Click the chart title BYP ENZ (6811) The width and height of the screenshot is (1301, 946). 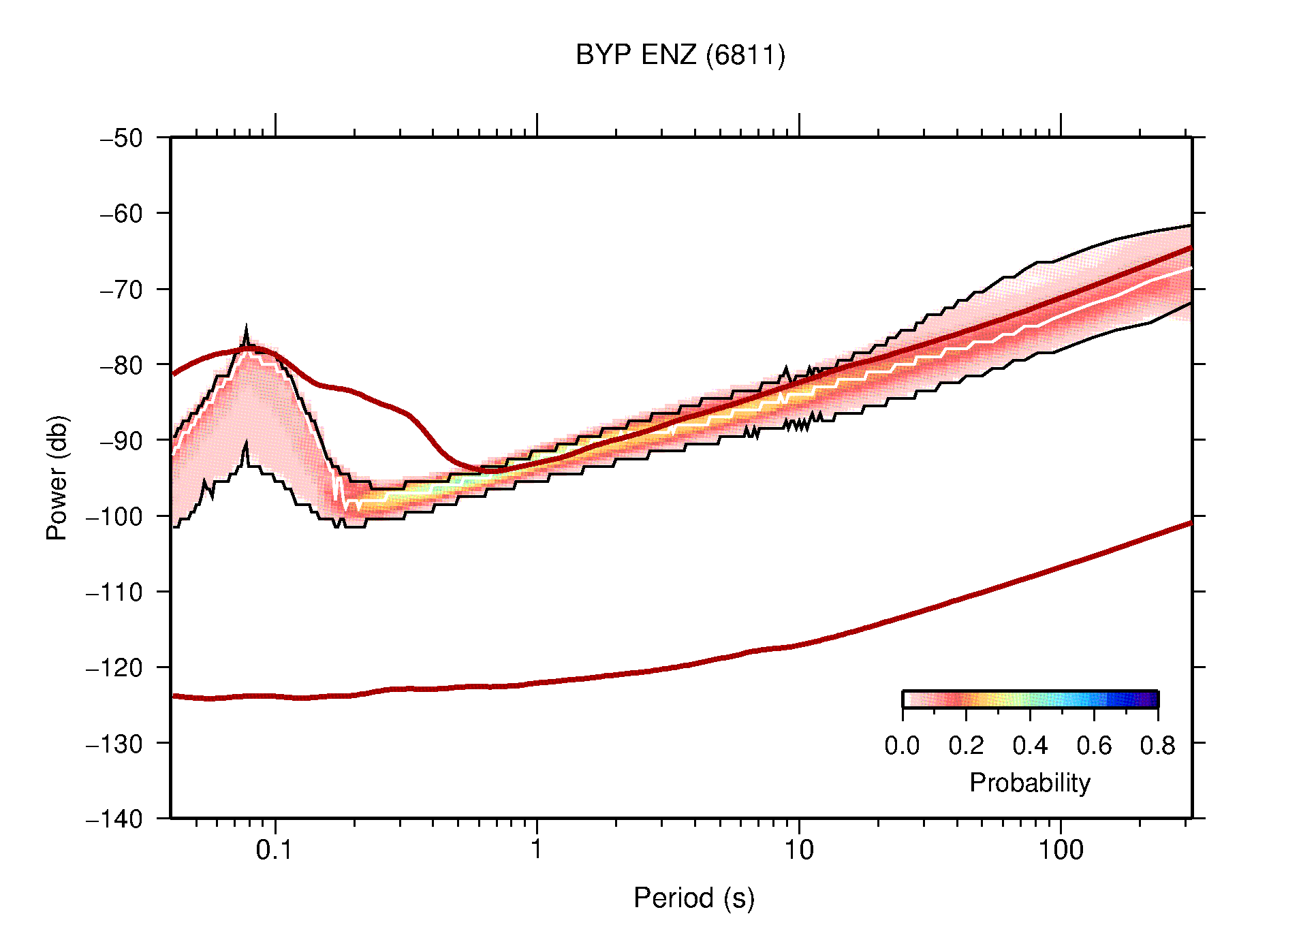pos(680,54)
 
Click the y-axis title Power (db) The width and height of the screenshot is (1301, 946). pos(57,477)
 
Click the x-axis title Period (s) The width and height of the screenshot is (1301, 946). pos(693,898)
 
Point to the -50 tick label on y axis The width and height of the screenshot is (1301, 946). pos(121,138)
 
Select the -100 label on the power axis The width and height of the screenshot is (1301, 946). pos(114,516)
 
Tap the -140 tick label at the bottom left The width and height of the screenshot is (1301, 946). pos(114,819)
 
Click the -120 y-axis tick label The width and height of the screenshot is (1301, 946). pos(114,667)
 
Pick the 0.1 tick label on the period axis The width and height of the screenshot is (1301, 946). pos(274,850)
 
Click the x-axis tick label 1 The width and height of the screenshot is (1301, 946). pos(537,850)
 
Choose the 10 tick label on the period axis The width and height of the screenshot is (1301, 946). pos(798,850)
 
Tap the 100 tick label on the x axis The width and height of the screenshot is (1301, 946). pos(1060,850)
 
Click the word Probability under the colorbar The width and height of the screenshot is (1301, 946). pos(1029,783)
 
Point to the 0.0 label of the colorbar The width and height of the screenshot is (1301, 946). pos(902,746)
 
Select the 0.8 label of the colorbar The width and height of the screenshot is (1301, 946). pos(1157,746)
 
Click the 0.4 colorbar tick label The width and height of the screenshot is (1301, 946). pos(1030,746)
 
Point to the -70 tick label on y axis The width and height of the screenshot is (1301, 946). pos(121,289)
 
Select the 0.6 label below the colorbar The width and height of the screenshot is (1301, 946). pos(1094,746)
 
